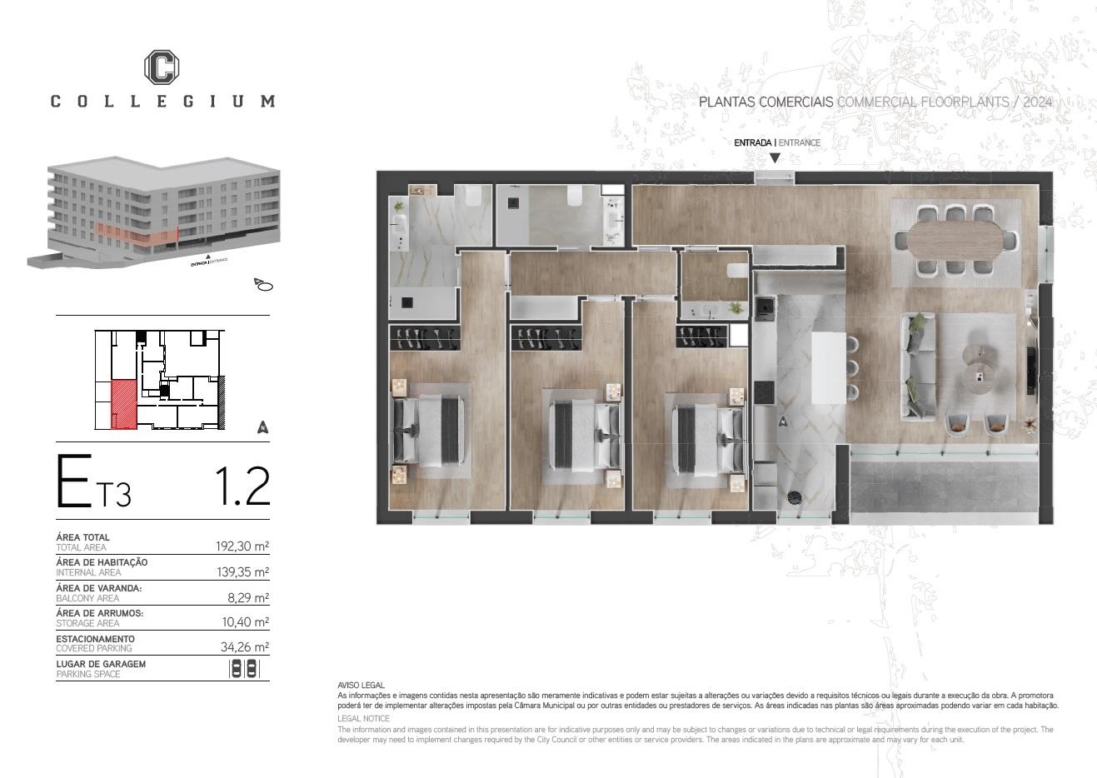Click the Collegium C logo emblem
[x=162, y=67]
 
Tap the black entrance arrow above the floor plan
[x=775, y=158]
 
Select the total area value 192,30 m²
[x=242, y=546]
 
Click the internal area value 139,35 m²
[x=243, y=572]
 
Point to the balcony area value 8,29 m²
[x=248, y=597]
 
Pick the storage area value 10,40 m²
[x=246, y=621]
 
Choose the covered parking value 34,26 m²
[x=245, y=646]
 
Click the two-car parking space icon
[x=244, y=669]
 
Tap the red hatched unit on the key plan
[x=124, y=405]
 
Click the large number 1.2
[x=242, y=486]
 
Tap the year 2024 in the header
[x=1037, y=102]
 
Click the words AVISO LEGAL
[x=361, y=685]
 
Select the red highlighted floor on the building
[x=137, y=234]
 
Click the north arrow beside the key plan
[x=263, y=427]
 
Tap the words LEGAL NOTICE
[x=363, y=718]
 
